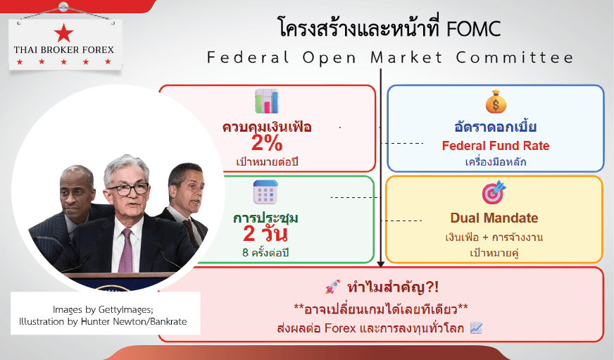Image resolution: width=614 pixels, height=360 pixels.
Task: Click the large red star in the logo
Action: click(64, 32)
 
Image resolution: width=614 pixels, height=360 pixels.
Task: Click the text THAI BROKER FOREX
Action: click(64, 50)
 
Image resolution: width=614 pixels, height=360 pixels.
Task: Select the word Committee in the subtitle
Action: click(515, 58)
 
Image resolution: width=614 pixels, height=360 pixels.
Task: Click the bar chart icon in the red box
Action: click(267, 101)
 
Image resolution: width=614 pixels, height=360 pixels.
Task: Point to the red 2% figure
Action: click(267, 143)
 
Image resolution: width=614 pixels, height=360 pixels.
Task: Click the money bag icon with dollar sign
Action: click(496, 101)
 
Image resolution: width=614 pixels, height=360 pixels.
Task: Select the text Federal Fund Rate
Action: click(496, 146)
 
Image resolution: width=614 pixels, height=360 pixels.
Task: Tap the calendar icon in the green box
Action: click(265, 192)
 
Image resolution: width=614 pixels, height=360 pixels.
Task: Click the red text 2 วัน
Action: click(265, 234)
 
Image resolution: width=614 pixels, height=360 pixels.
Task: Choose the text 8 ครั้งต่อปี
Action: click(265, 253)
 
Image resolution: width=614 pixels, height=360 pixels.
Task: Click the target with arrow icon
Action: click(494, 192)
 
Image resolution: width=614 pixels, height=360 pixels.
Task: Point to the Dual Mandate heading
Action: click(494, 218)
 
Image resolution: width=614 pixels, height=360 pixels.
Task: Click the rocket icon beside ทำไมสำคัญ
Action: click(332, 287)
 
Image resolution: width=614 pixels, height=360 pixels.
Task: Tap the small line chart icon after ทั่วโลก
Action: click(476, 328)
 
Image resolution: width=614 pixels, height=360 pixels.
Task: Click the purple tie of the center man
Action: click(126, 250)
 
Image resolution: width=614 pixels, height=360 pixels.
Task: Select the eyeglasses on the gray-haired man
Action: click(128, 190)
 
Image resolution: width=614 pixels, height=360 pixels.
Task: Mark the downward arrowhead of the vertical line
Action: click(380, 264)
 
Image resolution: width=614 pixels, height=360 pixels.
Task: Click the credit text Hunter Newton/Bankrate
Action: click(134, 322)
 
